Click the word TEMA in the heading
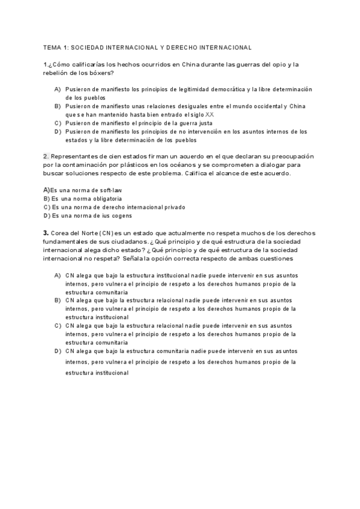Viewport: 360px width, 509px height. pyautogui.click(x=52, y=47)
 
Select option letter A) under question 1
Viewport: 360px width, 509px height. pyautogui.click(x=58, y=89)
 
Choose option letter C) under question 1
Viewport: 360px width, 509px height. pyautogui.click(x=58, y=122)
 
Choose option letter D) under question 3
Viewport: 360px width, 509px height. pyautogui.click(x=58, y=351)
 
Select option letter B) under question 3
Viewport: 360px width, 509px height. pyautogui.click(x=58, y=300)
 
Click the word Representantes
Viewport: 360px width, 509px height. pyautogui.click(x=75, y=156)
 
